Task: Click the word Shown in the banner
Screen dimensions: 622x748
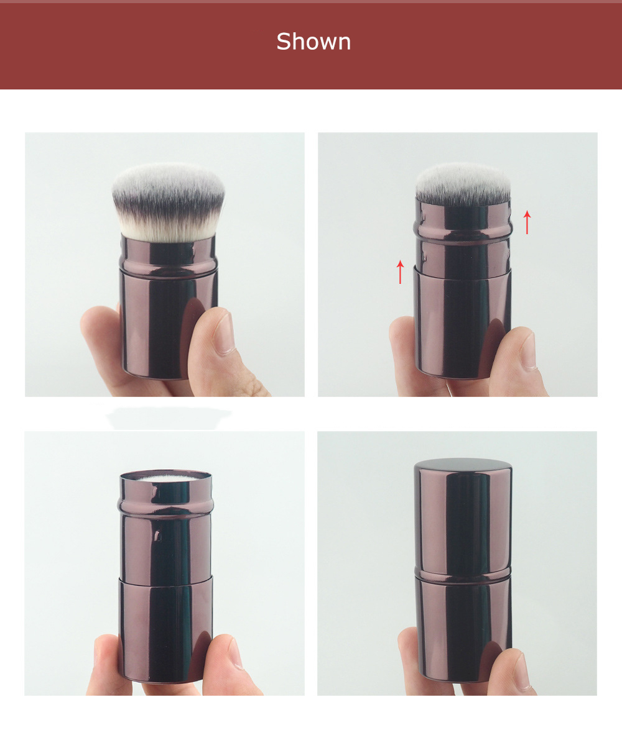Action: point(313,42)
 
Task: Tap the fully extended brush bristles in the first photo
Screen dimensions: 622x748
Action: point(168,203)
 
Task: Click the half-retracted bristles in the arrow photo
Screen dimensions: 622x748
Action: point(463,184)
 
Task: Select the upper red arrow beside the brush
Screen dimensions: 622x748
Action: point(527,222)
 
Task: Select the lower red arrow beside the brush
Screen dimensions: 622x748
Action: point(400,272)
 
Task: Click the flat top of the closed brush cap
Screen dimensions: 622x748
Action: point(463,465)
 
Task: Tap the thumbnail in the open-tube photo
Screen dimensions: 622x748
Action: point(236,654)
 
